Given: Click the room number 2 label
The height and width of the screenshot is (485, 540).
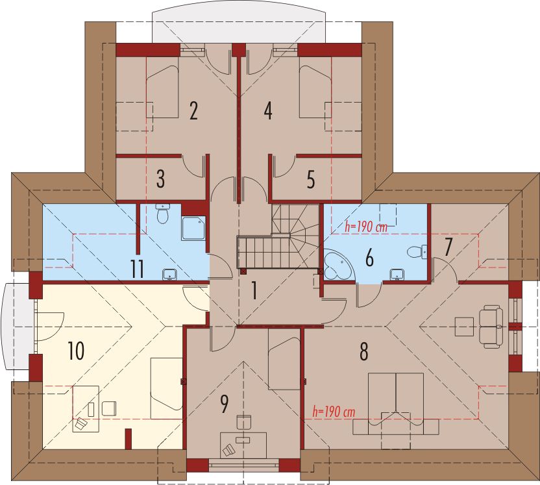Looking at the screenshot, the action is coord(193,111).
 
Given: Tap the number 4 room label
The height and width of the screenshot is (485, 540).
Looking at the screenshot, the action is coord(268,111).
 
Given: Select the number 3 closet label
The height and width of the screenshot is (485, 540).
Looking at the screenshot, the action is coord(160,179).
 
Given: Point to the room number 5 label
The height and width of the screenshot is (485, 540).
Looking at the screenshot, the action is coord(311,179).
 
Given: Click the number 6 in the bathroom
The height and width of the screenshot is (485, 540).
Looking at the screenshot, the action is coord(369,258).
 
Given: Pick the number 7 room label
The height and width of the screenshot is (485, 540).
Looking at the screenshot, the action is coord(447,247).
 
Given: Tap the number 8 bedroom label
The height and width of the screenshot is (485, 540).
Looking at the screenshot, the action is coord(363,352).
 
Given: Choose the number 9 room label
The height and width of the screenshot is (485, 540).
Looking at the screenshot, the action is coord(224,404).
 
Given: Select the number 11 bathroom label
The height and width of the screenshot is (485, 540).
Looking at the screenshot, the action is coord(137,269).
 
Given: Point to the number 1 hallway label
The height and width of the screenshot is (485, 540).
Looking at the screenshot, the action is coord(254,290).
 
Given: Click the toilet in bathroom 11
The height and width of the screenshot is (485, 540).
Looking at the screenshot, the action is coord(162,214).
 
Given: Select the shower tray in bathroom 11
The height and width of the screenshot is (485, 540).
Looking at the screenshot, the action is coord(193,228).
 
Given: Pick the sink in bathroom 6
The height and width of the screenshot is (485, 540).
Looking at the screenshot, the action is coord(397,275).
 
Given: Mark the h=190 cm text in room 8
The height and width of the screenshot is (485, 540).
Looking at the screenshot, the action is coord(334,412).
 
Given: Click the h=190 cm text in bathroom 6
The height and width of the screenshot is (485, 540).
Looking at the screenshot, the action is coord(366,227).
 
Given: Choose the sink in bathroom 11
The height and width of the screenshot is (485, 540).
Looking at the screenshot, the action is coord(169,275).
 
